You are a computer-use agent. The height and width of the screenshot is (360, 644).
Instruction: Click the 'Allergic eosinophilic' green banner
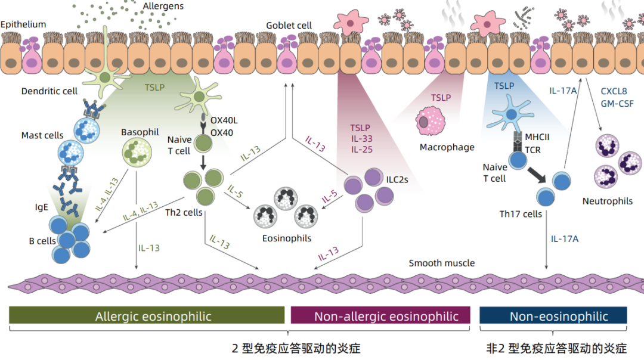[x=147, y=316]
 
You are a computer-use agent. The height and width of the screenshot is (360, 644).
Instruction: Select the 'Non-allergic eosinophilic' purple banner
[x=380, y=316]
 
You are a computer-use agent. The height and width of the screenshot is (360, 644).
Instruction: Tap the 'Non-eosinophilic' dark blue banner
[x=553, y=316]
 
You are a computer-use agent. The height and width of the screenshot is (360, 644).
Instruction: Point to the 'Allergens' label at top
[x=163, y=6]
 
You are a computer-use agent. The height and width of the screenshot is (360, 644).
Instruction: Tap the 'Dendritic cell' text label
[x=49, y=91]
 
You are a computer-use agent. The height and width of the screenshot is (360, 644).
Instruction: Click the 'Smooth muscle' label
[x=442, y=263]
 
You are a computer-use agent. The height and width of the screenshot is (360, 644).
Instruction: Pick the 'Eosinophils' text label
[x=286, y=238]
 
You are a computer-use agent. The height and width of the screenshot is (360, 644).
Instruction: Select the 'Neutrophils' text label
[x=608, y=201]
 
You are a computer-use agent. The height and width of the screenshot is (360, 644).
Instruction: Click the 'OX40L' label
[x=224, y=120]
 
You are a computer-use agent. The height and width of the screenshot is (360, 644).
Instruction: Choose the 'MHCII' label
[x=537, y=138]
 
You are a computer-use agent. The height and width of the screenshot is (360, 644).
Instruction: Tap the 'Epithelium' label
[x=23, y=24]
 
